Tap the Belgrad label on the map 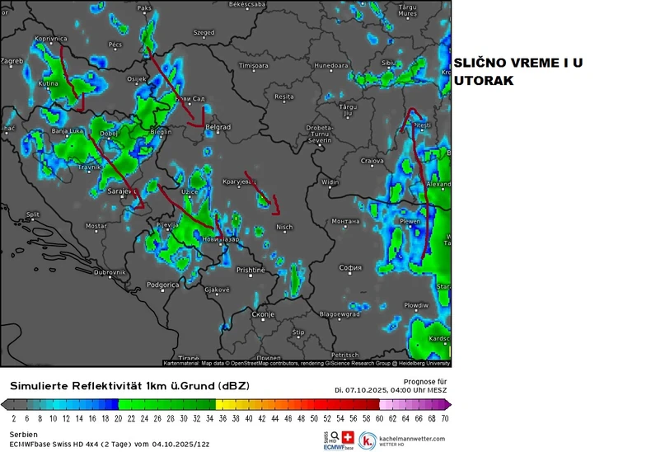pyautogui.click(x=218, y=128)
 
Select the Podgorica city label pyautogui.click(x=162, y=285)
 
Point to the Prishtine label pyautogui.click(x=251, y=270)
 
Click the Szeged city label pyautogui.click(x=203, y=33)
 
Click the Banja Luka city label pyautogui.click(x=69, y=131)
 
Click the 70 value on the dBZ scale pyautogui.click(x=445, y=419)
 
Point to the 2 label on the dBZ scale pyautogui.click(x=15, y=419)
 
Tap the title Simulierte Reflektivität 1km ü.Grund pyautogui.click(x=128, y=385)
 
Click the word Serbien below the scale pyautogui.click(x=23, y=433)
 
